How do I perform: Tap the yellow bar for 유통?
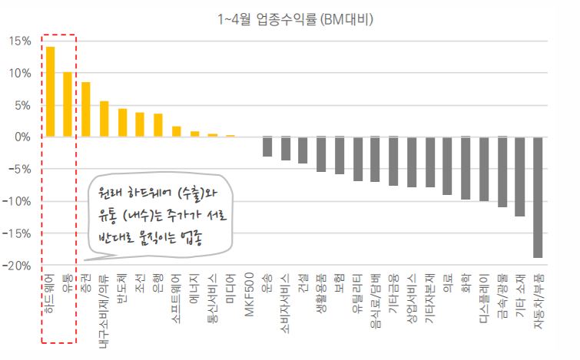[68, 104]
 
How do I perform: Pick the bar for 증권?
[86, 110]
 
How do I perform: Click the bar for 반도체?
[122, 123]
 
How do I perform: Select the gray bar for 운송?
[267, 147]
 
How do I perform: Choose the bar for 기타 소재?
[520, 177]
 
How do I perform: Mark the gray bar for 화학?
[466, 168]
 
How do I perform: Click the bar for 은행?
[158, 125]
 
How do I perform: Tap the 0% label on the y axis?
[22, 137]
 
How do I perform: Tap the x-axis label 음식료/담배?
[376, 301]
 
